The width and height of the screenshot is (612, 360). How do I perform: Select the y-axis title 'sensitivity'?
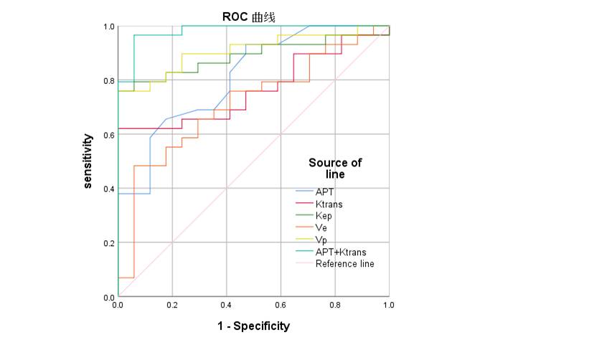(x=88, y=161)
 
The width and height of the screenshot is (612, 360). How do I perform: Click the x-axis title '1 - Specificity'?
(x=254, y=326)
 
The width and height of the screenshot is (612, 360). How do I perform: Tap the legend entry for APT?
(x=324, y=192)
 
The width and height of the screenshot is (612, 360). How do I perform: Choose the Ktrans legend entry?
(x=329, y=204)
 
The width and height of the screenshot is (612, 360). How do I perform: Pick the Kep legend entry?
(x=324, y=216)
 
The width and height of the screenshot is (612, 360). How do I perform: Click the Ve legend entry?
(x=321, y=228)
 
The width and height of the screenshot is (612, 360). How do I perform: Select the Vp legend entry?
(x=321, y=240)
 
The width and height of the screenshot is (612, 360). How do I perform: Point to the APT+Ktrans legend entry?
(x=340, y=252)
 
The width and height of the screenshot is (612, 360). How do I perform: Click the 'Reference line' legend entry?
(x=344, y=264)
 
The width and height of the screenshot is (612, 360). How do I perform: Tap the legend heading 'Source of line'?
(x=335, y=169)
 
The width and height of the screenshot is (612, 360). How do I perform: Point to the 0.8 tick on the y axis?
(x=109, y=80)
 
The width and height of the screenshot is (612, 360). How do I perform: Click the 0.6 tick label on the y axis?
(x=109, y=135)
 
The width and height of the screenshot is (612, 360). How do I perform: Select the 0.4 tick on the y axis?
(x=109, y=189)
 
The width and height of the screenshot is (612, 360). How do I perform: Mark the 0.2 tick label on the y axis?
(x=109, y=243)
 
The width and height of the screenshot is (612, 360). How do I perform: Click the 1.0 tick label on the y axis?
(x=109, y=27)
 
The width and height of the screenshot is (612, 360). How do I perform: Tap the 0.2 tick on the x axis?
(x=172, y=305)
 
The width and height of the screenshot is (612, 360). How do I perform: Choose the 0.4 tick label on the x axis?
(x=227, y=305)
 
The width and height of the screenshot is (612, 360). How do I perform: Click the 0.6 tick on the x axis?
(x=281, y=305)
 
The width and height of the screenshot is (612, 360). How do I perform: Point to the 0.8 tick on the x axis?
(x=335, y=305)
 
